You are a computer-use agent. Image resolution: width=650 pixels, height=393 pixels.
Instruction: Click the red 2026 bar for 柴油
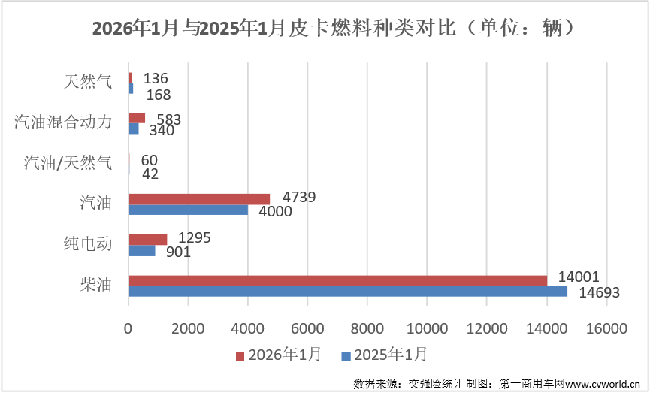(x=338, y=280)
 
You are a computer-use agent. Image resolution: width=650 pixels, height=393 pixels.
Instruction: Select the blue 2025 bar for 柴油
(x=348, y=291)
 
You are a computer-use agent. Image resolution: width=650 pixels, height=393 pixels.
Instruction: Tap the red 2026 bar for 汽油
(x=199, y=199)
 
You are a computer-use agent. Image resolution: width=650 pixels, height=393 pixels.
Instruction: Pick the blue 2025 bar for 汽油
(x=188, y=210)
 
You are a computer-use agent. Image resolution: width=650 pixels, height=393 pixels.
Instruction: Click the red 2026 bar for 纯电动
(x=148, y=240)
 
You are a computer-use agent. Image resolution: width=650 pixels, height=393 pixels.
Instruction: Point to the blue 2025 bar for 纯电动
(x=142, y=250)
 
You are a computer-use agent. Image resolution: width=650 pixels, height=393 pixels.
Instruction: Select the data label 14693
(x=599, y=293)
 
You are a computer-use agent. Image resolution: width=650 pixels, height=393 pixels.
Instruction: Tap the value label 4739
(x=298, y=197)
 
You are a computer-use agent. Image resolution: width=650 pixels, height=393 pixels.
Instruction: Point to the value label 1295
(x=194, y=237)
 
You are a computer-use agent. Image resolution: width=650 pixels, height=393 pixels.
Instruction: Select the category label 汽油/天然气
(x=68, y=162)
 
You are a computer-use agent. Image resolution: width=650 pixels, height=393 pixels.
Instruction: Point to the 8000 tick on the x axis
(x=367, y=328)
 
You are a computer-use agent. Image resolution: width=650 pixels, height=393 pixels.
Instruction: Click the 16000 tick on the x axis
(x=606, y=328)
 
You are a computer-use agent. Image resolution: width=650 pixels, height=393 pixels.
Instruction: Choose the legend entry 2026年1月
(x=278, y=354)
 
